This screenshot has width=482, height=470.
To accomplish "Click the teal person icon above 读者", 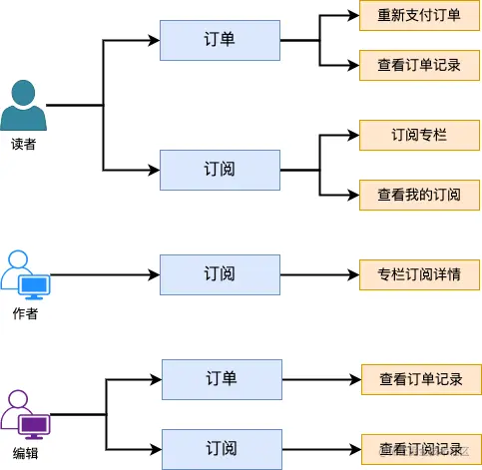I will pos(23,105).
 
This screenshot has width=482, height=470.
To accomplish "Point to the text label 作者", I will pos(25,313).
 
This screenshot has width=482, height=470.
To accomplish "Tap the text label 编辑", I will pos(25,453).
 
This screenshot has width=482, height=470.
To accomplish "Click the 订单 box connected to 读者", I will pos(221,40).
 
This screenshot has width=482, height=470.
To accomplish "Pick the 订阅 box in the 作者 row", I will pos(221,274).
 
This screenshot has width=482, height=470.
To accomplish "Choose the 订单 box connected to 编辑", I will pos(222,379).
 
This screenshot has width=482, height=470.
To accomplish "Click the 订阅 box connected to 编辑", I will pos(222,448).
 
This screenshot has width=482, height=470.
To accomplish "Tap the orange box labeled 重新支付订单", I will pos(419,16).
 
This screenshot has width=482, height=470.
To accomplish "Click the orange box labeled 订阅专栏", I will pos(419,135).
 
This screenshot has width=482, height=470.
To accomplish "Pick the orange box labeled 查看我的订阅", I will pos(419,194).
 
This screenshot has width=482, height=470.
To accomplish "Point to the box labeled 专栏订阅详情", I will pos(419,274).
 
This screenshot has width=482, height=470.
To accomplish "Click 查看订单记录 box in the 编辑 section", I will pos(421,379).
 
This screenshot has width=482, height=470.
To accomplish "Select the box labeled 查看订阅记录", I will pos(421,448).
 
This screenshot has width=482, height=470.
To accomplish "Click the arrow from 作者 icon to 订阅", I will pos(105,274).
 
